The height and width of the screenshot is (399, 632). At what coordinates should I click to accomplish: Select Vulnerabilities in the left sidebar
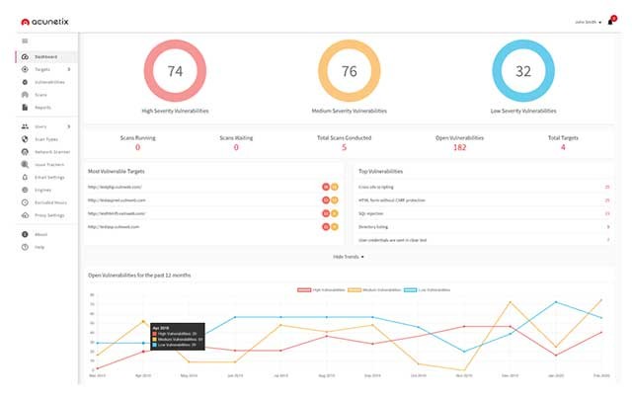coord(48,82)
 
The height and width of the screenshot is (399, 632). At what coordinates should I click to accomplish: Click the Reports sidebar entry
coord(42,107)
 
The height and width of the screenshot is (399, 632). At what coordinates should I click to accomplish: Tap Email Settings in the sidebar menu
coord(49,177)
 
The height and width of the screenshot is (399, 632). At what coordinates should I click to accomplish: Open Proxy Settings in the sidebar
coord(49,214)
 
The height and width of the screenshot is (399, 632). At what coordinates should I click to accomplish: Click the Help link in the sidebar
coord(39,246)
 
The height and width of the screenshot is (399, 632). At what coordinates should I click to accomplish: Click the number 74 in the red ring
coord(176,71)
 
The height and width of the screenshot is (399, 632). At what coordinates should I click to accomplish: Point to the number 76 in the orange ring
coord(349,71)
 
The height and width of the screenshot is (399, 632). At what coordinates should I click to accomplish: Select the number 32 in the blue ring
coord(523,71)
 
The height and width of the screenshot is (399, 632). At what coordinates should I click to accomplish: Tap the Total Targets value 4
coord(563,147)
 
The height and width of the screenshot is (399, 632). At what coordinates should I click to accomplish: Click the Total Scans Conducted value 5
coord(344,147)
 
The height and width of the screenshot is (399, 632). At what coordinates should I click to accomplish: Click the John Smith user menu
coord(587,21)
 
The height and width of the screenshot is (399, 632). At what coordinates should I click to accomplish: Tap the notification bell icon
coord(611,21)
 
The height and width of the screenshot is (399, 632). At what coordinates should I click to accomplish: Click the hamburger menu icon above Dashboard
coord(24,40)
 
